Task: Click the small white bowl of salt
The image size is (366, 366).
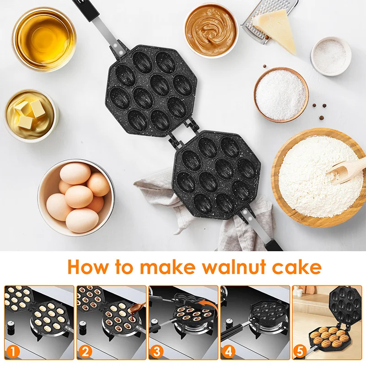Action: pos(331,56)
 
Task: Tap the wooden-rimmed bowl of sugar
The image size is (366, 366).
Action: pos(281,94)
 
